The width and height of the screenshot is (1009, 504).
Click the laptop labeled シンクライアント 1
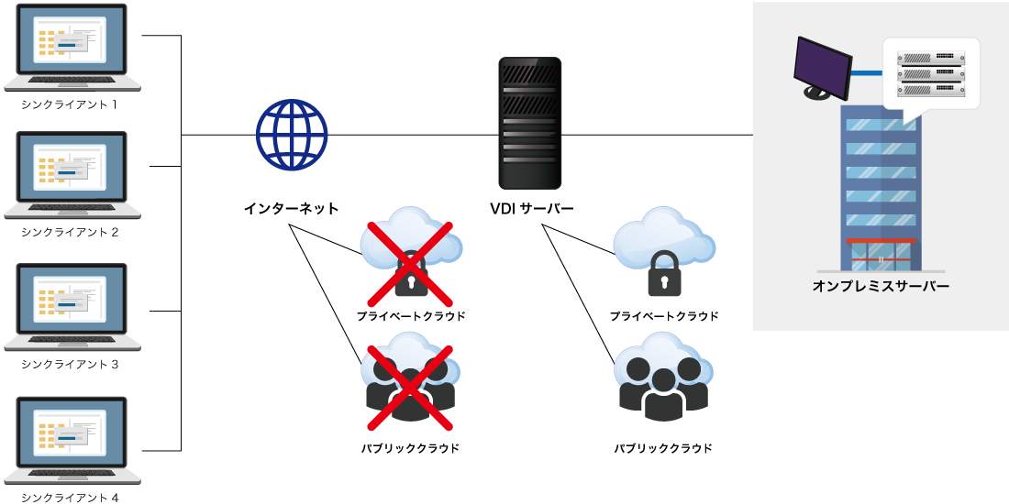pos(72,48)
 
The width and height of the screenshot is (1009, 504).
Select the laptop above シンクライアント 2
pos(72,174)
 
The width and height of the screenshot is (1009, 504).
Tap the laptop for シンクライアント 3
pos(72,307)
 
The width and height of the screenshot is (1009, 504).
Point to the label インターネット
pos(291,209)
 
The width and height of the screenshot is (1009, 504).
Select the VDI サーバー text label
pos(532,209)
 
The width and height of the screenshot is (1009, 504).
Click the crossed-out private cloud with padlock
pos(410,261)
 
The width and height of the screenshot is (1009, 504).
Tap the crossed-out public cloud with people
pos(410,385)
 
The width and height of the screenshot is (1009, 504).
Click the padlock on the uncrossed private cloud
pos(664,276)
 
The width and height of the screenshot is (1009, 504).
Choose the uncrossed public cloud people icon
pos(663,383)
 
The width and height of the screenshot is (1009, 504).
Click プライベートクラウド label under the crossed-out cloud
pos(410,316)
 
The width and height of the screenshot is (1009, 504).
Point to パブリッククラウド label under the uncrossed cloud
pos(663,448)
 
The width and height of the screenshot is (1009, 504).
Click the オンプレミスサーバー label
pos(881,286)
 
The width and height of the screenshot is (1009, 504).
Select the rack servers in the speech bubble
pos(931,73)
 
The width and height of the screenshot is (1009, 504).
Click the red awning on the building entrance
pos(881,240)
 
